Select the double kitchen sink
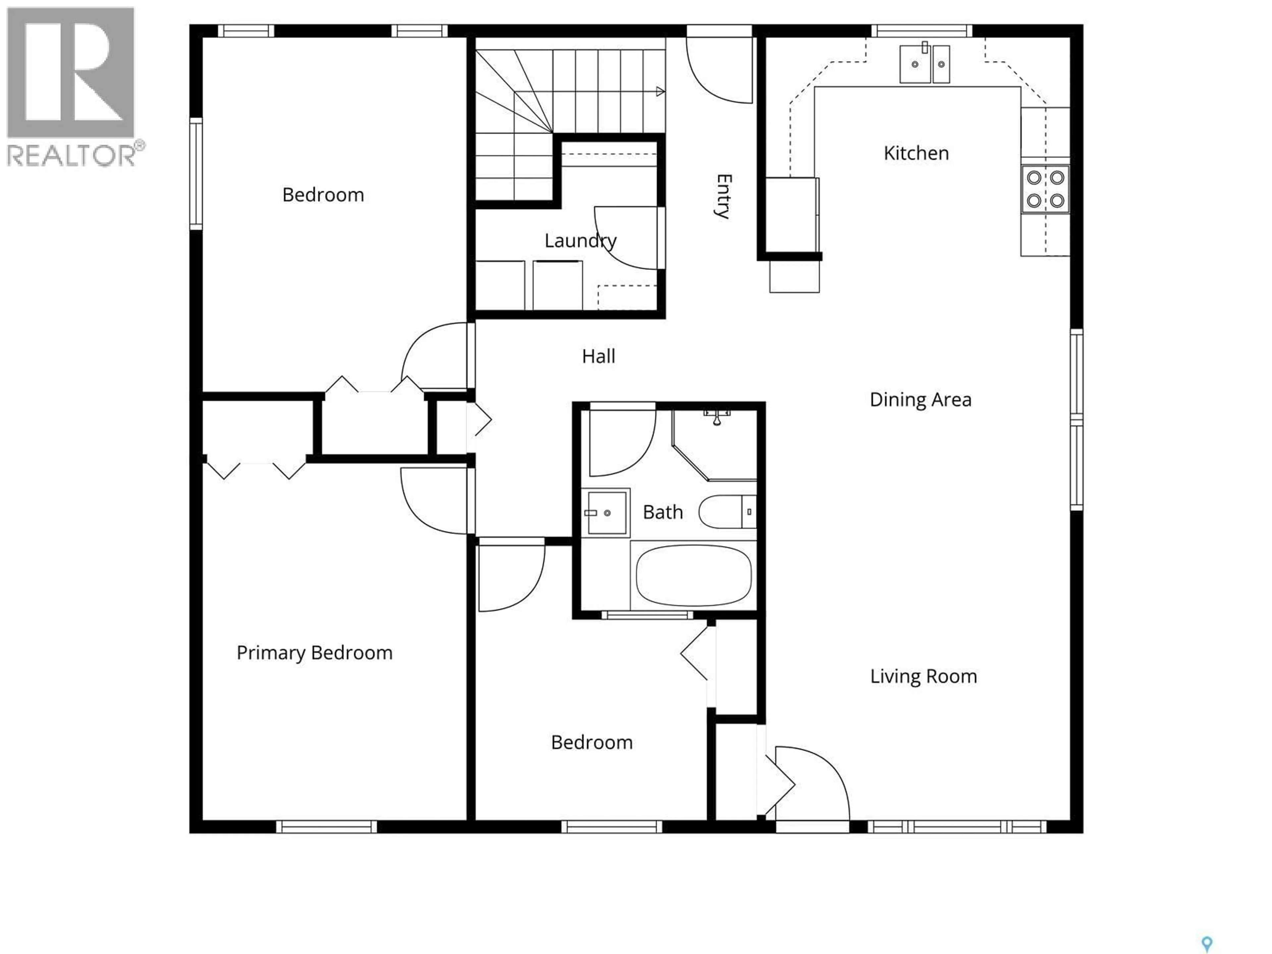click(x=924, y=64)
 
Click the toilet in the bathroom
click(x=726, y=511)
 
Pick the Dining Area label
click(x=920, y=400)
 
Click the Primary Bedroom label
click(x=315, y=653)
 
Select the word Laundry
click(x=580, y=240)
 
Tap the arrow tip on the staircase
click(x=661, y=91)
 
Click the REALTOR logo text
click(x=72, y=155)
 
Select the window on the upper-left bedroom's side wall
click(x=196, y=174)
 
